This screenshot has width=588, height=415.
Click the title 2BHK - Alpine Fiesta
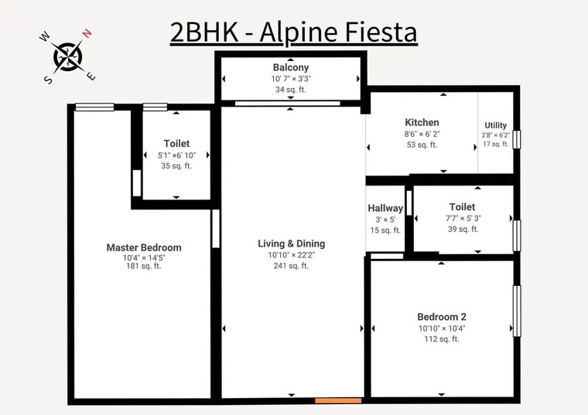coord(293,32)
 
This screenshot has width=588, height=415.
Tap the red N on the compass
coord(88,33)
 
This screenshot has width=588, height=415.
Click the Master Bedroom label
coord(144,247)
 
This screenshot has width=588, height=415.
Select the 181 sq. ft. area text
coord(144,266)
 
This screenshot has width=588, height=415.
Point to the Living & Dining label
coord(291,243)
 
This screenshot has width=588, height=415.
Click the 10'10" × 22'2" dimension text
coord(291,255)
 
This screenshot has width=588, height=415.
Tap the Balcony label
coord(290,67)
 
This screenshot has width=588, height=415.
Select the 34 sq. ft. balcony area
coord(290,90)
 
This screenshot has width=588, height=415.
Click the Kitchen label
coord(422,122)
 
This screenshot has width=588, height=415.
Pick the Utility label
coord(496,125)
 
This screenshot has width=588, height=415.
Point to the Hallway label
coord(385,208)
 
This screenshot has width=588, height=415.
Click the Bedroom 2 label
coord(441,317)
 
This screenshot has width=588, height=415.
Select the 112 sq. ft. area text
coord(441,338)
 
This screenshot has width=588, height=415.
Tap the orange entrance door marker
coord(338,400)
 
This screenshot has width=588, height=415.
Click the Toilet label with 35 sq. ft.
coord(176,144)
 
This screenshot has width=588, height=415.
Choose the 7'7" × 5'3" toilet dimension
coord(462,218)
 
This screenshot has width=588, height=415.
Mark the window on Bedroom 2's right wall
coord(517,311)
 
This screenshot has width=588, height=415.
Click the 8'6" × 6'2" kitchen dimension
coord(422,134)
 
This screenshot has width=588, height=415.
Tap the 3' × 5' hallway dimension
coord(385,219)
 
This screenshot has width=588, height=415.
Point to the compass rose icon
coord(68,56)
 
